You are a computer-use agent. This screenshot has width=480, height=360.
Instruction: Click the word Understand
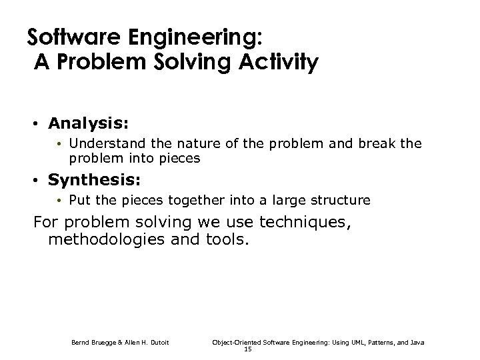[100, 143]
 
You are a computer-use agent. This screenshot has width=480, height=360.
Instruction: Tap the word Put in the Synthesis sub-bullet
[80, 200]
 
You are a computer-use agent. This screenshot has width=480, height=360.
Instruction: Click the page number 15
[247, 349]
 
